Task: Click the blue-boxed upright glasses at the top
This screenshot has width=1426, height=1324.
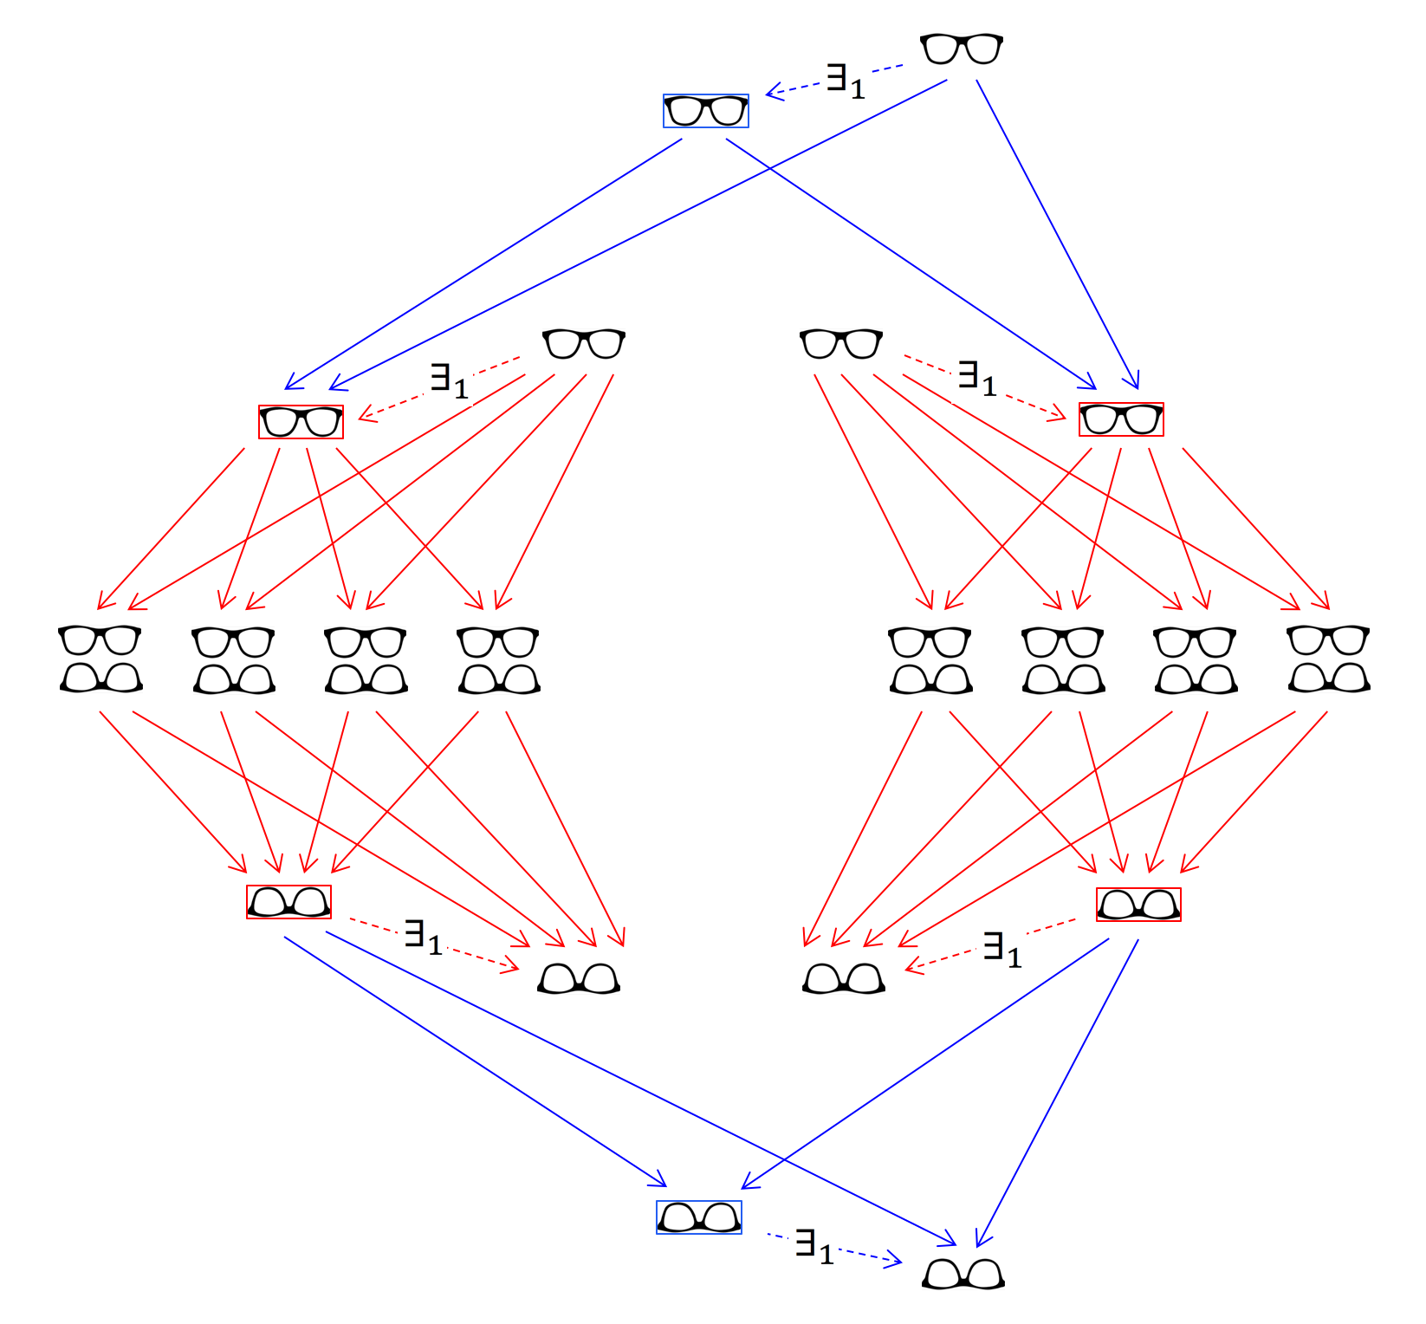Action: pyautogui.click(x=705, y=111)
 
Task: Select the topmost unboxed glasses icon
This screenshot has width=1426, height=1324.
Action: pyautogui.click(x=961, y=49)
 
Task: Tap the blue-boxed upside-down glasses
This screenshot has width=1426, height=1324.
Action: pyautogui.click(x=698, y=1217)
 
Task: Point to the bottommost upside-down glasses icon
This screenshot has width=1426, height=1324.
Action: pyautogui.click(x=963, y=1274)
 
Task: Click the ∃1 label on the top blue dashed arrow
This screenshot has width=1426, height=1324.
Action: pyautogui.click(x=845, y=81)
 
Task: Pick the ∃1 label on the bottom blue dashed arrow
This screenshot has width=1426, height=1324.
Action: pyautogui.click(x=813, y=1247)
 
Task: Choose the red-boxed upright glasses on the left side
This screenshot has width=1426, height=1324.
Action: pyautogui.click(x=301, y=422)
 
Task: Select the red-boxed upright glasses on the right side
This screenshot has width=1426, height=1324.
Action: pyautogui.click(x=1120, y=419)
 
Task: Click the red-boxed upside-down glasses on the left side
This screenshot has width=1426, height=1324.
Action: pyautogui.click(x=288, y=902)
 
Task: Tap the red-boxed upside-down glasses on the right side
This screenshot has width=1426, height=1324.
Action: pyautogui.click(x=1138, y=905)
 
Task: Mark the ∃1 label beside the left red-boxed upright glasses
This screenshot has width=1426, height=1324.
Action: pyautogui.click(x=449, y=380)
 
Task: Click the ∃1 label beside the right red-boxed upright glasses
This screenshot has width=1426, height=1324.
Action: pyautogui.click(x=976, y=378)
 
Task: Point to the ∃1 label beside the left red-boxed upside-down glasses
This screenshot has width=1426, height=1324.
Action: pyautogui.click(x=423, y=937)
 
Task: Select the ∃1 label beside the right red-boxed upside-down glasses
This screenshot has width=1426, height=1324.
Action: pyautogui.click(x=1002, y=949)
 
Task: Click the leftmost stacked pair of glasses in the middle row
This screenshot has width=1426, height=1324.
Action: pyautogui.click(x=100, y=659)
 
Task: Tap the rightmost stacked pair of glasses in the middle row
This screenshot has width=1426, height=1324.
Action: pyautogui.click(x=1329, y=659)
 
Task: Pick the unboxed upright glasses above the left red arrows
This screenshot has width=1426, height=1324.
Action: pyautogui.click(x=583, y=344)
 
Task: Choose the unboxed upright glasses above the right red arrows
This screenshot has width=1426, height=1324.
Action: pyautogui.click(x=840, y=344)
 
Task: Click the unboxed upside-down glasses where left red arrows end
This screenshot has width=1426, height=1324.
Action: pyautogui.click(x=579, y=978)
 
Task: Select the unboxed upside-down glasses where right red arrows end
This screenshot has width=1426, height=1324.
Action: pyautogui.click(x=843, y=978)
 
